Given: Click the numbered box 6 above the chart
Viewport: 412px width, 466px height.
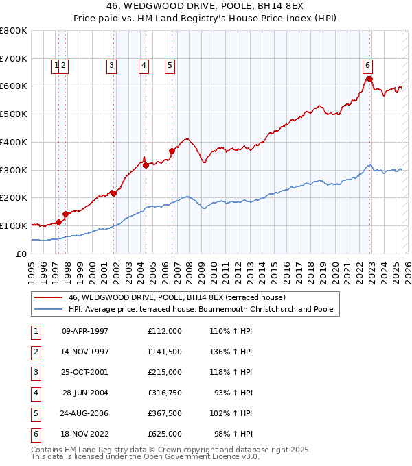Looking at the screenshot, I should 368,66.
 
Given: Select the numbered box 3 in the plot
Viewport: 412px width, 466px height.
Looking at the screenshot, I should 111,66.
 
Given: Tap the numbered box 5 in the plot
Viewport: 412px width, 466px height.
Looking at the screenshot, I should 169,66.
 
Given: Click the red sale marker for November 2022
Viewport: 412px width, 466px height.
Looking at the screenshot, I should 369,79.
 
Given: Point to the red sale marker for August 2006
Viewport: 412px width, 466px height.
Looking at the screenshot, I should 172,151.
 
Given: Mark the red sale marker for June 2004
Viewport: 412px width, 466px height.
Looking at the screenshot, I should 146,164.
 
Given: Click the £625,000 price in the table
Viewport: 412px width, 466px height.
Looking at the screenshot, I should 165,434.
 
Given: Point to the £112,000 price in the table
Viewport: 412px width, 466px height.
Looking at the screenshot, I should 165,331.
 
